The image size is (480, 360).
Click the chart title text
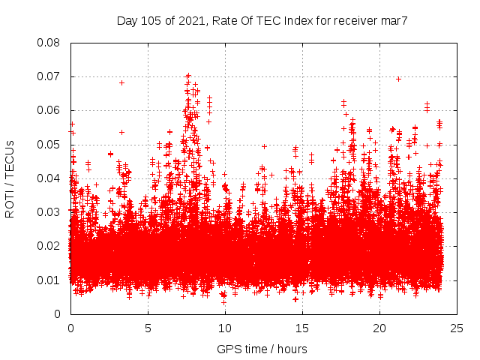[262, 21]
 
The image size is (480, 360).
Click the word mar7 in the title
[393, 21]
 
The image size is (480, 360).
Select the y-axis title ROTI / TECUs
[10, 178]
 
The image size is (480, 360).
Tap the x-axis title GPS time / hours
[262, 349]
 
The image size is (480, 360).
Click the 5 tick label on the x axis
[148, 328]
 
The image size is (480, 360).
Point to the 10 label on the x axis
[225, 328]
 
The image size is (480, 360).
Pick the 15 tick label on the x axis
[302, 328]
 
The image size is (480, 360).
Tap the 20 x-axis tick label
[379, 328]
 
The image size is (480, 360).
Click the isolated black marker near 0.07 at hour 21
[398, 79]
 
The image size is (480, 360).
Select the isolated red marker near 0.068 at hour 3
[121, 82]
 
